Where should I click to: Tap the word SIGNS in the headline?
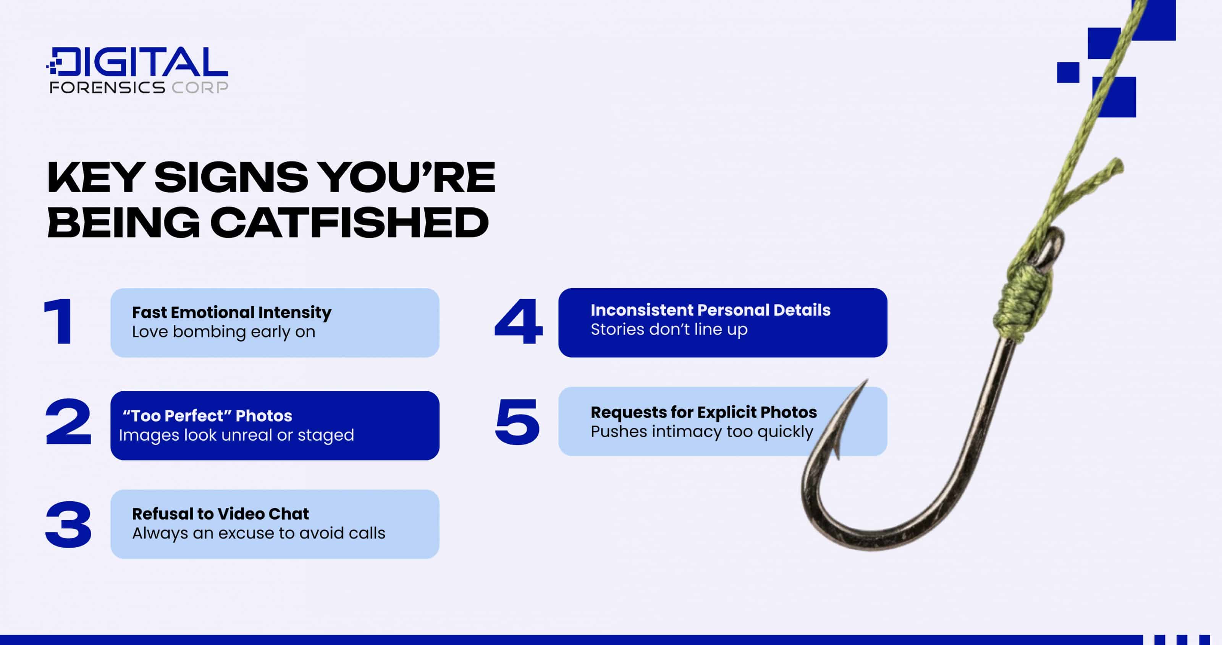click(x=231, y=177)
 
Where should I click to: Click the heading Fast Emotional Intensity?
click(x=231, y=312)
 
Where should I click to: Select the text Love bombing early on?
click(x=223, y=332)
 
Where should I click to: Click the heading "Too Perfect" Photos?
click(x=207, y=416)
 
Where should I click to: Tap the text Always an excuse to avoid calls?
click(x=259, y=533)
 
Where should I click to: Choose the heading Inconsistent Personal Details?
click(x=710, y=310)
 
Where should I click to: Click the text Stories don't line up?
click(x=669, y=329)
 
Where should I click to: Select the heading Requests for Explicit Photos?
click(x=703, y=412)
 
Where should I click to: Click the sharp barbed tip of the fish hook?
click(x=865, y=382)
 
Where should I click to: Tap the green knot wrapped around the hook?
click(x=1020, y=299)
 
